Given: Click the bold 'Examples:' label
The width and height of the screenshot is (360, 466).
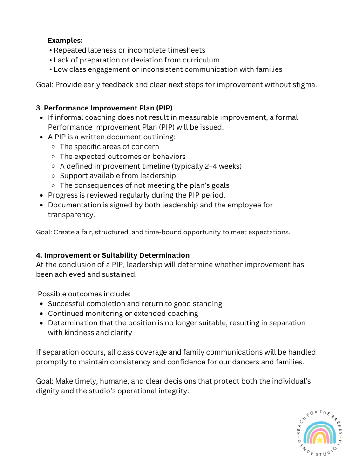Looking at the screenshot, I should point(65,41).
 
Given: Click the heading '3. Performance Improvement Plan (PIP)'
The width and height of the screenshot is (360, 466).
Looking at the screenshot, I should point(104,108).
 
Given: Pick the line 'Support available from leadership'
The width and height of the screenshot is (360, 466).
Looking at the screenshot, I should point(118,176).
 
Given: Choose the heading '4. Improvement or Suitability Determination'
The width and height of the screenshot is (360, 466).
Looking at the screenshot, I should point(113,255).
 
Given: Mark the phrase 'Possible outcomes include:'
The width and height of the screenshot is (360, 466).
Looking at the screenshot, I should point(84,294).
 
